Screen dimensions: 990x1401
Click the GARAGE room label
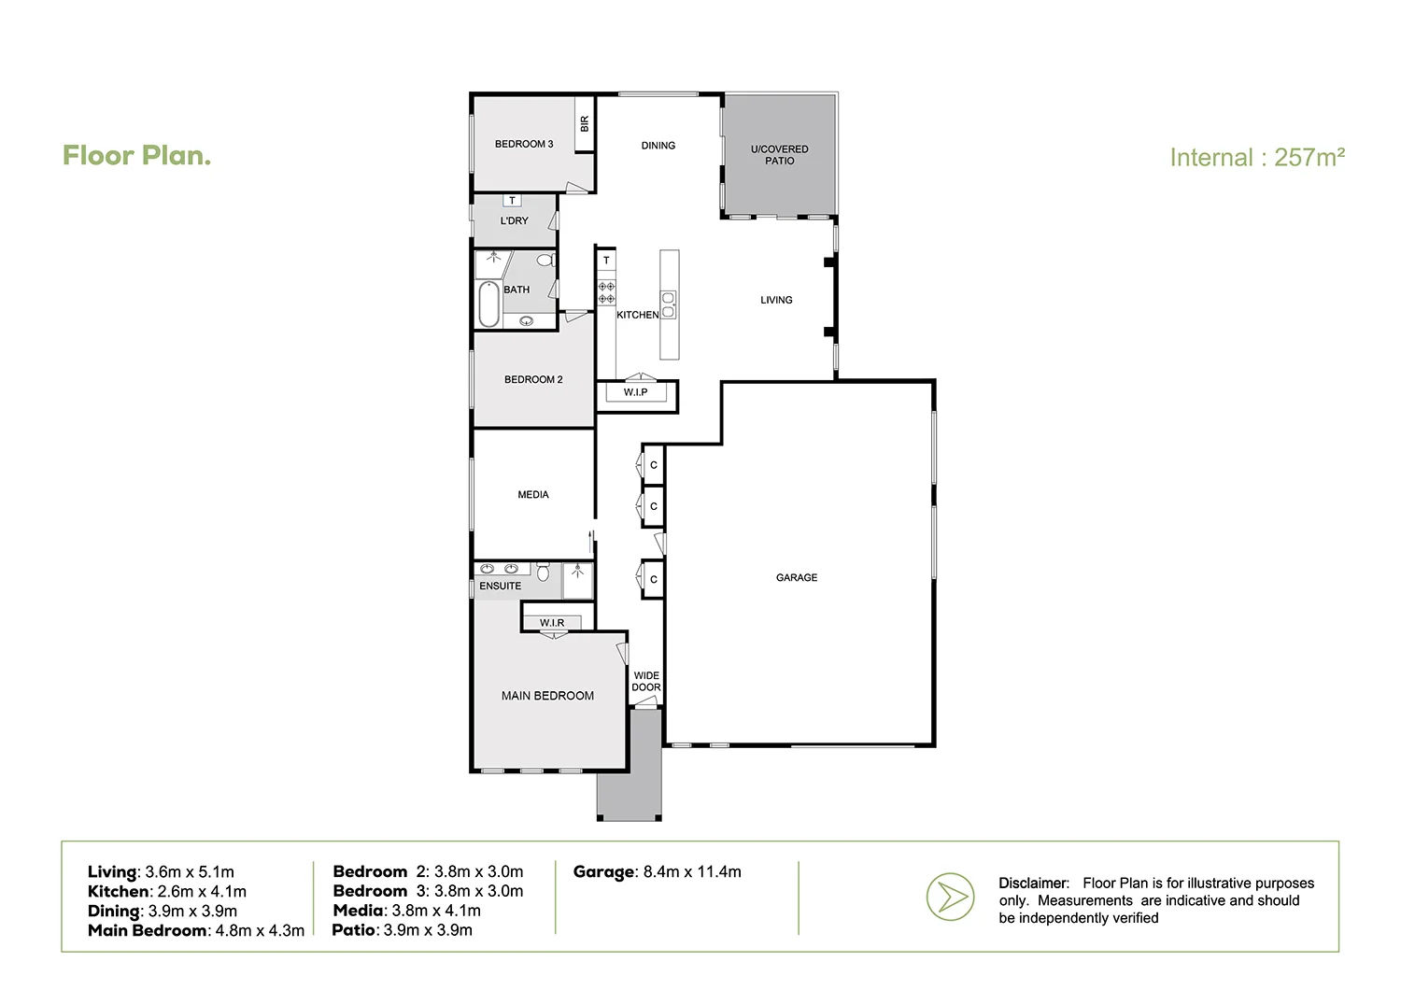(796, 578)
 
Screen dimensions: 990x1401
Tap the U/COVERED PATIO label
(779, 155)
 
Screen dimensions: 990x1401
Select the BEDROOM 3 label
(523, 144)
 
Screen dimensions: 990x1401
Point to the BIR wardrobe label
(585, 123)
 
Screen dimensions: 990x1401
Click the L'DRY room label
(514, 221)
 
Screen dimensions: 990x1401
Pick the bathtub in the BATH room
(488, 304)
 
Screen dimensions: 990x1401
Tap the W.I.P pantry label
(635, 392)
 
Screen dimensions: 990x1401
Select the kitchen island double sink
(669, 304)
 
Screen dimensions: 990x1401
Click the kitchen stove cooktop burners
(606, 292)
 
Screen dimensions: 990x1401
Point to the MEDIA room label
(532, 495)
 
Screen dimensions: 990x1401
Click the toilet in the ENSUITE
(543, 572)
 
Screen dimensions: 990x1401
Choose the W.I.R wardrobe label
(551, 623)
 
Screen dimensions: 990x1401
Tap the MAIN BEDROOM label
(547, 696)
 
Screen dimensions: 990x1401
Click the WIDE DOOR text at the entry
(645, 682)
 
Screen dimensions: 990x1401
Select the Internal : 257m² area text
(1256, 158)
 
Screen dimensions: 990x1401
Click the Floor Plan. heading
(136, 156)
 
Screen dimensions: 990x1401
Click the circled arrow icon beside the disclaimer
(950, 898)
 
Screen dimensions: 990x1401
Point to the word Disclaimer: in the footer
(1034, 884)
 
